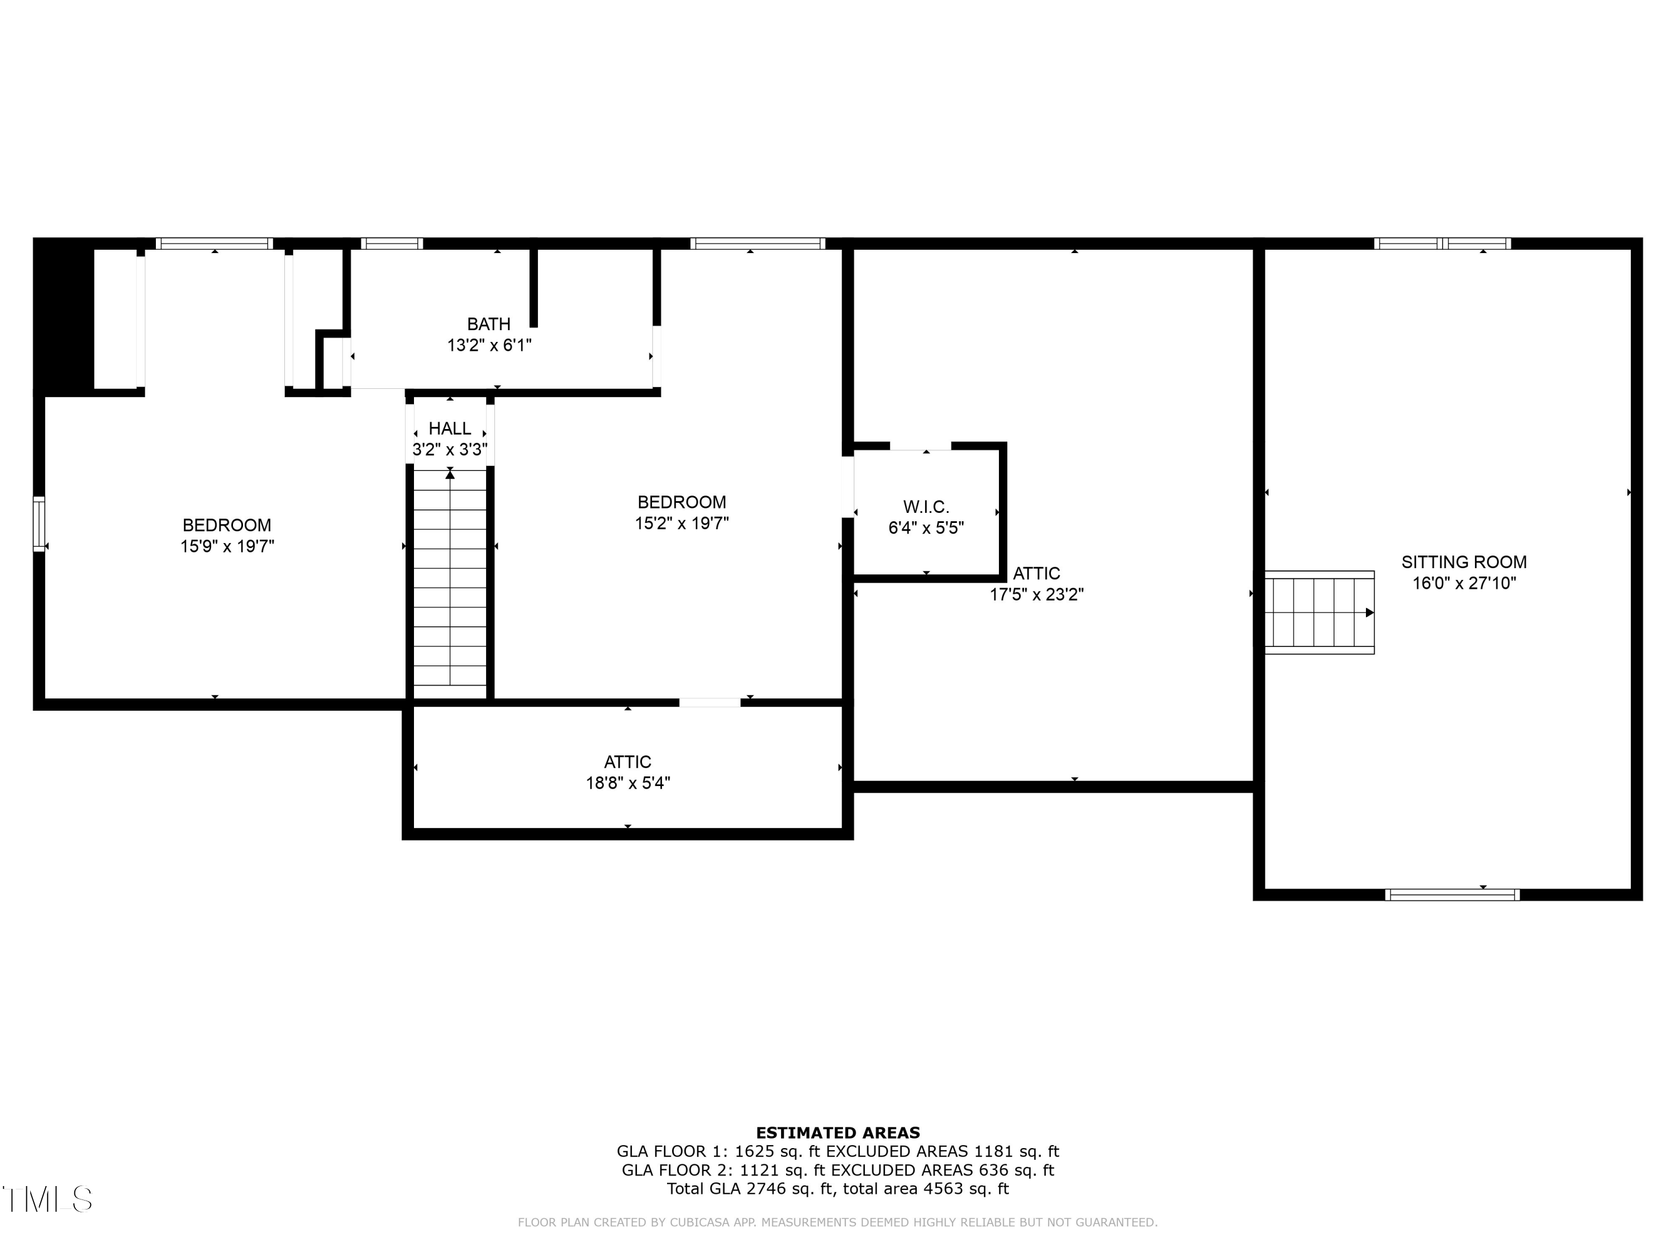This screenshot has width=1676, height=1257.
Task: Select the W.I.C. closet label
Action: [925, 507]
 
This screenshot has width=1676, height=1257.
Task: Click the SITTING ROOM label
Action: [1463, 562]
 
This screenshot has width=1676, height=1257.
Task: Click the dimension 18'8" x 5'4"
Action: [627, 783]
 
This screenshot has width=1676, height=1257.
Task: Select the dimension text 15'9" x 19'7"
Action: [227, 547]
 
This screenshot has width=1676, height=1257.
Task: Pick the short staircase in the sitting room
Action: [1318, 612]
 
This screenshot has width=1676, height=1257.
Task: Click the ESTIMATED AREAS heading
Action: [837, 1133]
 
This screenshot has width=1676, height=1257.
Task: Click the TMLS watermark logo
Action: [47, 1199]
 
